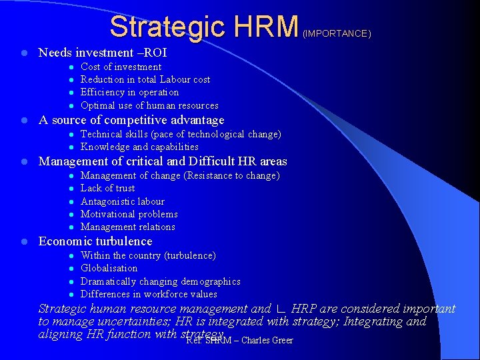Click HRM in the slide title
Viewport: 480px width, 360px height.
(x=265, y=27)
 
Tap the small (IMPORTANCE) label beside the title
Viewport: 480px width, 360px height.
(x=337, y=33)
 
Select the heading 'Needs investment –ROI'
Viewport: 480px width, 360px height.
(x=103, y=53)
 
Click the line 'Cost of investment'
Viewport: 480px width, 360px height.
(x=121, y=67)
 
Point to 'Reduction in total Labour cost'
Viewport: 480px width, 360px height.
(x=145, y=79)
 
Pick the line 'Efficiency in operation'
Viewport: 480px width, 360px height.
(x=129, y=92)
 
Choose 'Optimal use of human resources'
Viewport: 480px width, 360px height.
(x=149, y=105)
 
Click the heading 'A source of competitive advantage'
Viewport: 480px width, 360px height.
(x=131, y=120)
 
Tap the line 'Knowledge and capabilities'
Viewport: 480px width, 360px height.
(x=139, y=147)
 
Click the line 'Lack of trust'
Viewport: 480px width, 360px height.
(x=107, y=188)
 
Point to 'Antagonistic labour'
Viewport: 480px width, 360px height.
(x=123, y=201)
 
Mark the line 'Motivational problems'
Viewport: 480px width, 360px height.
(x=129, y=214)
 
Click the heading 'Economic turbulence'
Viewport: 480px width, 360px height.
(x=95, y=241)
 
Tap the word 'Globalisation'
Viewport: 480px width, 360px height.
(x=109, y=268)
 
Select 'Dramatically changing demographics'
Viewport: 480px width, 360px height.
(x=161, y=281)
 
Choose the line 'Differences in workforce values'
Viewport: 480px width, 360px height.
(x=149, y=294)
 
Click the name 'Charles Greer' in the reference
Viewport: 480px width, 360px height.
(x=267, y=341)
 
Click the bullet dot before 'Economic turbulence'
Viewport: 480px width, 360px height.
(x=23, y=241)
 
